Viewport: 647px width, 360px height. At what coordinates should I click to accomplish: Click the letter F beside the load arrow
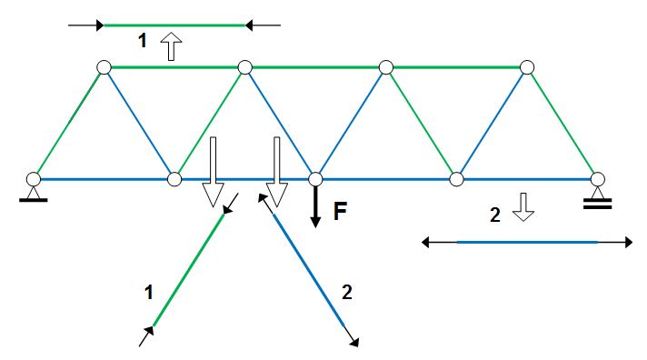pos(340,213)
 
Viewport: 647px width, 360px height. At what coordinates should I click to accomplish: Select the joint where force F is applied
pos(315,178)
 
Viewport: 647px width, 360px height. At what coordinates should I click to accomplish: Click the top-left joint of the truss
pos(105,66)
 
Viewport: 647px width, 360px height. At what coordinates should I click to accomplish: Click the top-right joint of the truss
pos(527,66)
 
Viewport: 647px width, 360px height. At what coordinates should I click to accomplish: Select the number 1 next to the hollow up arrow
pos(141,41)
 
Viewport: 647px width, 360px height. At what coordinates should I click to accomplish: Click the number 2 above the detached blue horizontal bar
pos(495,215)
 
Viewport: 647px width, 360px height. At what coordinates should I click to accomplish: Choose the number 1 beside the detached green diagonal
pos(147,292)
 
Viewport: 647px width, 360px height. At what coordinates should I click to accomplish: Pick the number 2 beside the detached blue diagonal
pos(345,292)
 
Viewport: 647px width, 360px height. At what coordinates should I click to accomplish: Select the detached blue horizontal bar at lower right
pos(527,242)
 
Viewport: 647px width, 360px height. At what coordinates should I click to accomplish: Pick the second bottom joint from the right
pos(457,178)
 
